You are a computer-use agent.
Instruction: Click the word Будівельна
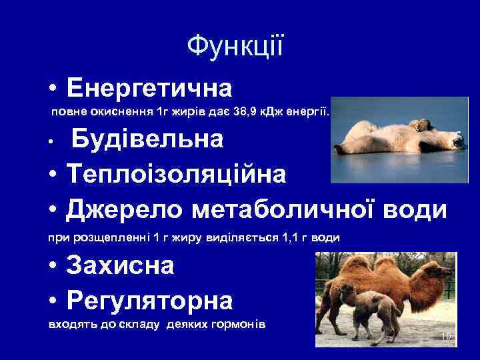click(147, 139)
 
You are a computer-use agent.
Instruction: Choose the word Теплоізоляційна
click(176, 174)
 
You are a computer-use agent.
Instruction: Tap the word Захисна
click(120, 266)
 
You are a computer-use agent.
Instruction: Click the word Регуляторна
click(149, 301)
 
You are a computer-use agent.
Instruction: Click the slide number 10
click(446, 338)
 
